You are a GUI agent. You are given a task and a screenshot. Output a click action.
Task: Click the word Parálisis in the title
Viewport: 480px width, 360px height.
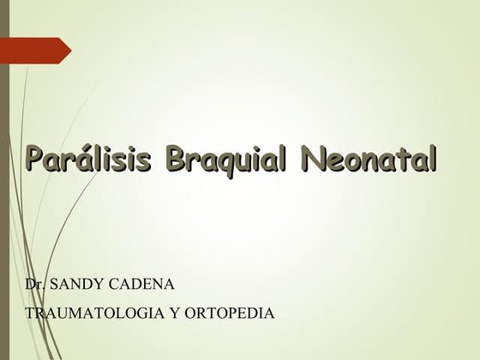(x=88, y=159)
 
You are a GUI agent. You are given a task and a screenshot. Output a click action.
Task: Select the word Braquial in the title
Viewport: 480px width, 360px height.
(x=226, y=160)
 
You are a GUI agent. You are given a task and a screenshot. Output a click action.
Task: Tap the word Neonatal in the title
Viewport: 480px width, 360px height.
(x=369, y=159)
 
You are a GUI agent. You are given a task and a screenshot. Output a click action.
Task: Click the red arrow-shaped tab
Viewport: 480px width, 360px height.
(x=36, y=51)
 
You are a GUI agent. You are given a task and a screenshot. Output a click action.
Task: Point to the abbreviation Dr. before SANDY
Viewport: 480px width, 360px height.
(x=35, y=284)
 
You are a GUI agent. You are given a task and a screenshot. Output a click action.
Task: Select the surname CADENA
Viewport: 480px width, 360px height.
(x=141, y=284)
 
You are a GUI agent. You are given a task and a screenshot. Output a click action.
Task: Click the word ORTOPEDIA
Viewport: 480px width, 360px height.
(x=230, y=313)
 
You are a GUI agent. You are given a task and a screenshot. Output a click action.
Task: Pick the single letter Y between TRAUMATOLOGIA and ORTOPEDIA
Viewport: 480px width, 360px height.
(x=175, y=313)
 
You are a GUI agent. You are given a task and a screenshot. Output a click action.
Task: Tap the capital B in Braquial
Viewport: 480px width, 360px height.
(x=177, y=159)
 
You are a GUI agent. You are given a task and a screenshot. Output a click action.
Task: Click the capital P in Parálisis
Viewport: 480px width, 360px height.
(x=37, y=159)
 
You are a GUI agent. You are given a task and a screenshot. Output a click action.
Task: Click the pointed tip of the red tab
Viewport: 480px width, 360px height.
(x=72, y=51)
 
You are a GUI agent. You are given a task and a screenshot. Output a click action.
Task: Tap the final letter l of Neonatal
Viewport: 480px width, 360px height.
(x=432, y=159)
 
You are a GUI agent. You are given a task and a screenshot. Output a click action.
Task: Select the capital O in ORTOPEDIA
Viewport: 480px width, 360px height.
(x=191, y=313)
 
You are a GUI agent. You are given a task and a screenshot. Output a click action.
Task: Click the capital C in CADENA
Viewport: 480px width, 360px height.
(x=115, y=284)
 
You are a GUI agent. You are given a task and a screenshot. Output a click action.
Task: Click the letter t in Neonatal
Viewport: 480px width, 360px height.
(x=401, y=160)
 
